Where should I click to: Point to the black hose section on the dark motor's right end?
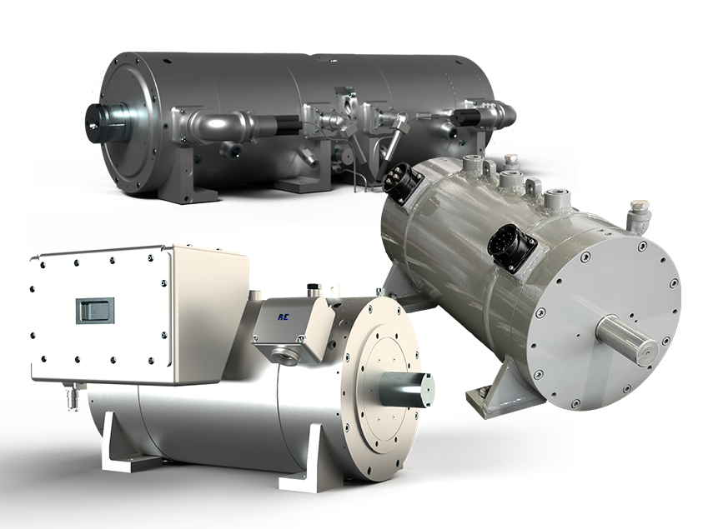[467, 117]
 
